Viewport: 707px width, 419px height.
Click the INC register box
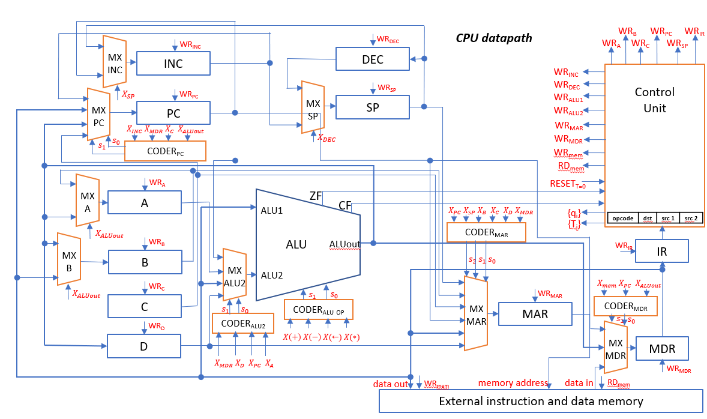[x=173, y=64]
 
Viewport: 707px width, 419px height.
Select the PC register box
[x=173, y=113]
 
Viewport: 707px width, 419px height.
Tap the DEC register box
[x=372, y=59]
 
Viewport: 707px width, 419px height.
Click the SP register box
[x=372, y=107]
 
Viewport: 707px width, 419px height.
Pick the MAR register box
[x=535, y=314]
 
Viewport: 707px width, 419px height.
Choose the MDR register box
[x=662, y=349]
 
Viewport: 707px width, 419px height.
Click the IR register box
[x=662, y=251]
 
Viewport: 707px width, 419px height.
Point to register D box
[x=144, y=346]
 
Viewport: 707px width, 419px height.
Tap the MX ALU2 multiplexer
[x=235, y=275]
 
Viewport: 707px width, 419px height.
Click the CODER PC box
[x=165, y=151]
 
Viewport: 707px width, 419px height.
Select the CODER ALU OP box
[x=318, y=309]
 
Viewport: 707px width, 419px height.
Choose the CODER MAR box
[x=486, y=232]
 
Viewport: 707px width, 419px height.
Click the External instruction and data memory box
[x=541, y=401]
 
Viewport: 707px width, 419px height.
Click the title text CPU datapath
[x=493, y=38]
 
